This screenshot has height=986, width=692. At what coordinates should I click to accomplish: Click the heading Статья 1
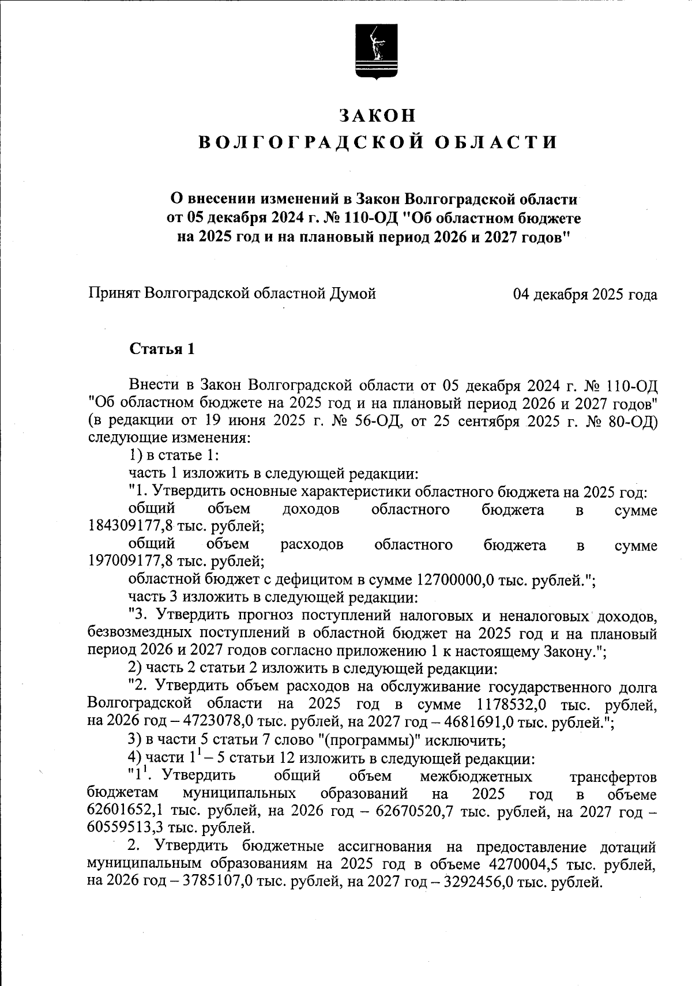[x=162, y=349]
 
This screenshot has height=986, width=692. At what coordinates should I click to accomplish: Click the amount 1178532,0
[x=512, y=705]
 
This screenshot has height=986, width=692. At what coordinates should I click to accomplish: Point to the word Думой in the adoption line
[x=352, y=294]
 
